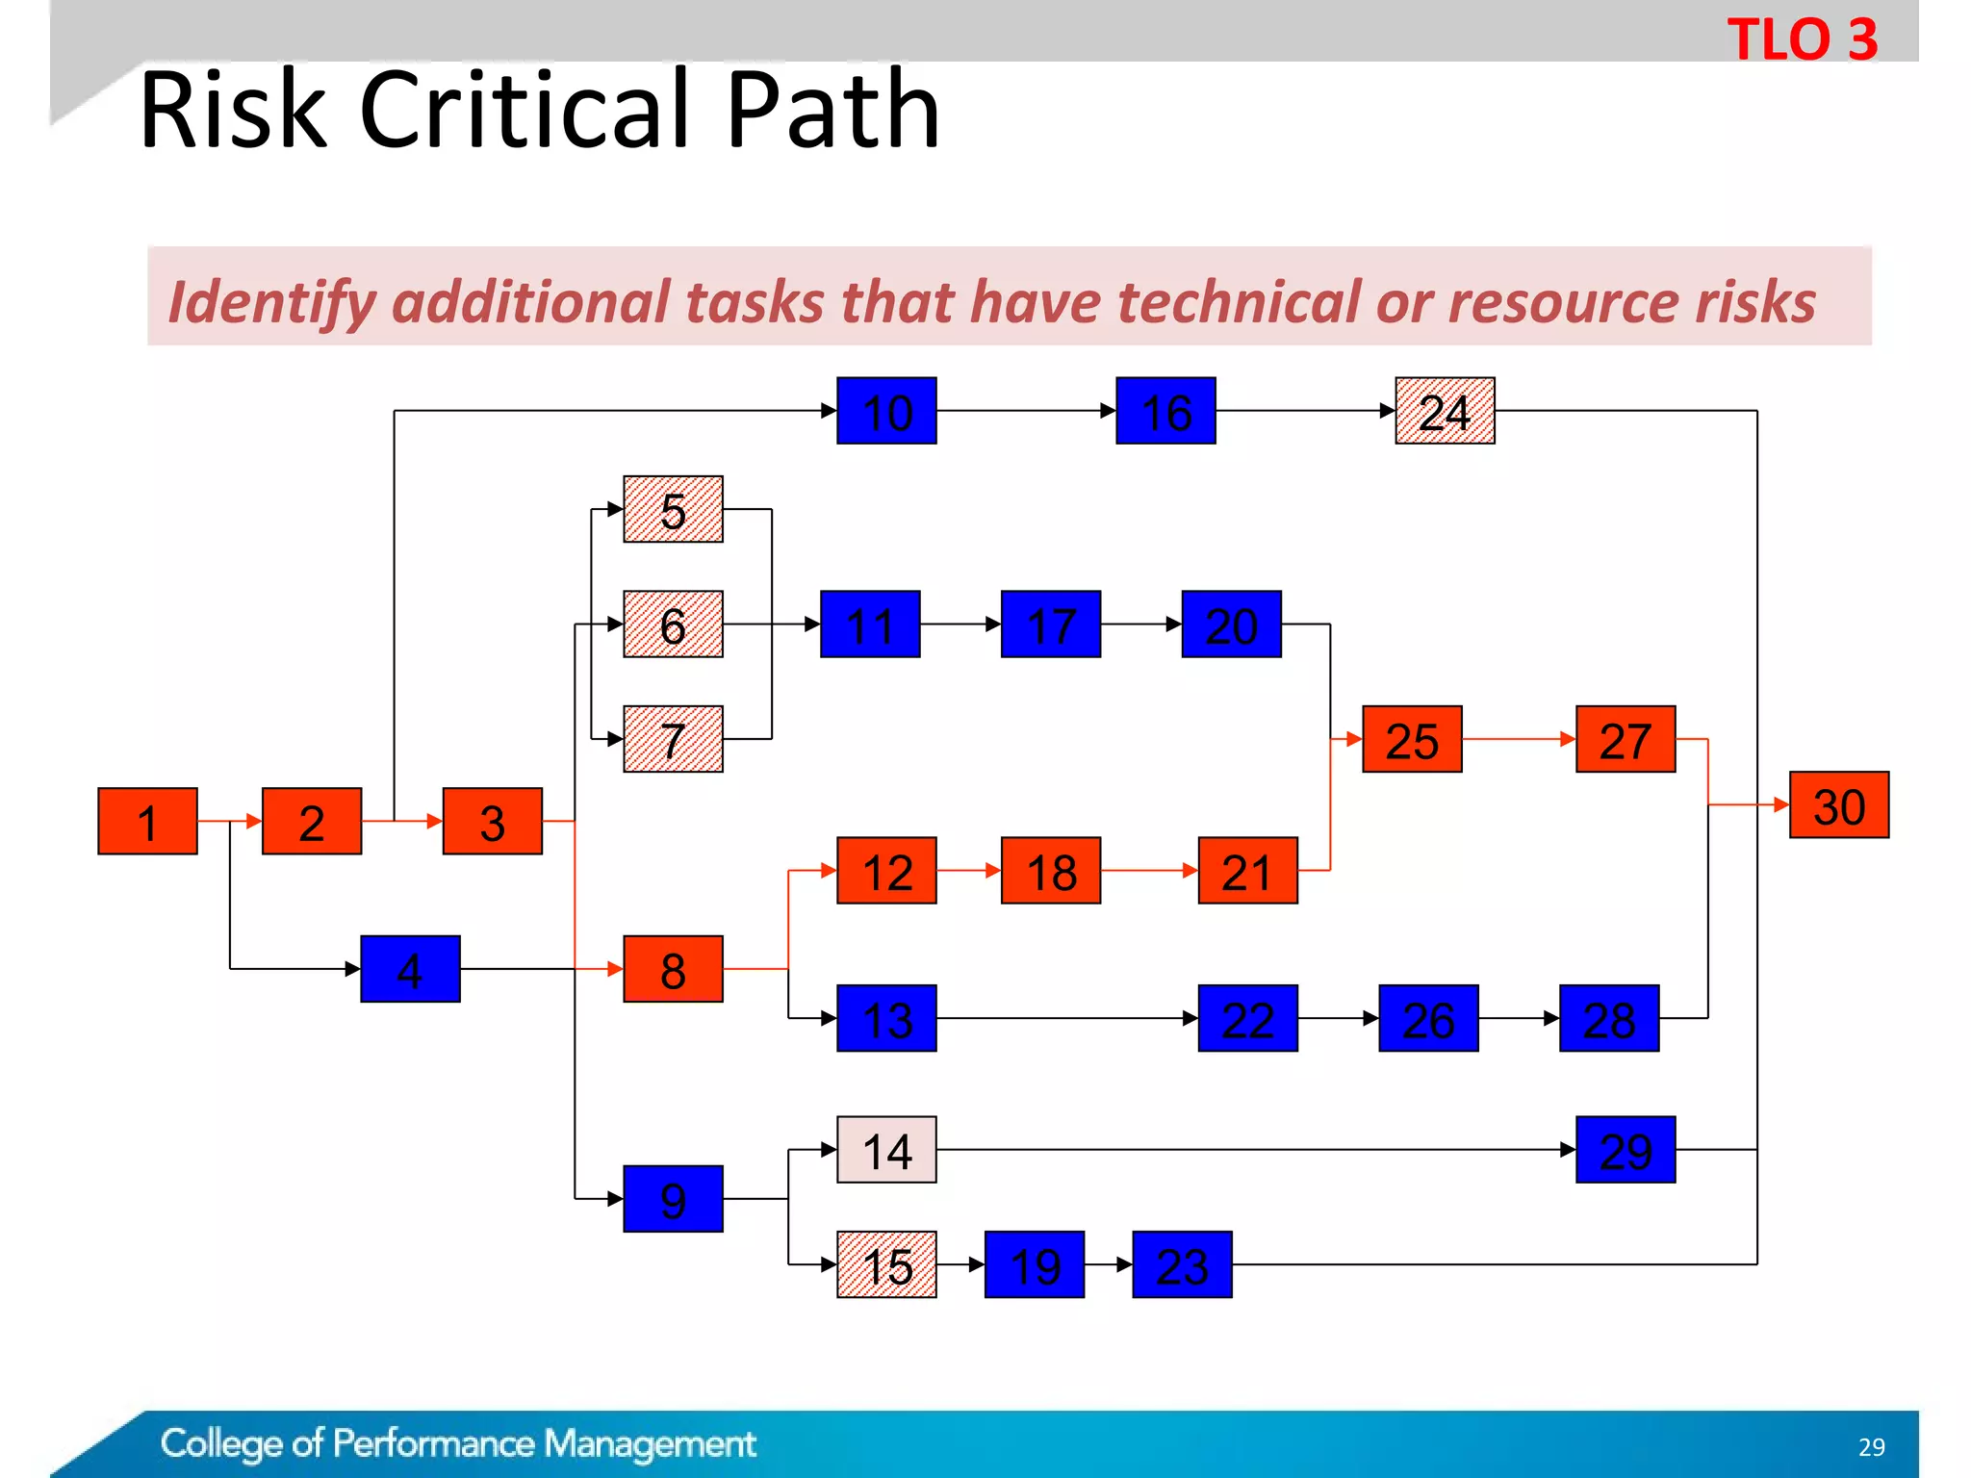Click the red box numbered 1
pos(147,821)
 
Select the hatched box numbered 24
pos(1445,411)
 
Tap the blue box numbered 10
pos(886,411)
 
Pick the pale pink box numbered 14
pos(886,1150)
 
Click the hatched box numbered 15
pos(886,1264)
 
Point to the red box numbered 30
pos(1838,804)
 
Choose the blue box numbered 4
pos(410,969)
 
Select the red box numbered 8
pos(673,969)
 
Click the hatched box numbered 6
pos(673,624)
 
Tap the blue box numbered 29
pos(1625,1150)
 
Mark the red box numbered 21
pos(1247,871)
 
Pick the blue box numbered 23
pos(1182,1264)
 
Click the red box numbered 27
pos(1625,739)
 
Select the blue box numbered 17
pos(1050,624)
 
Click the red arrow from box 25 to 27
pos(1519,739)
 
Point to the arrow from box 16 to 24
pos(1305,411)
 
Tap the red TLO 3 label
pos(1802,39)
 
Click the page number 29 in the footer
pos(1871,1447)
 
